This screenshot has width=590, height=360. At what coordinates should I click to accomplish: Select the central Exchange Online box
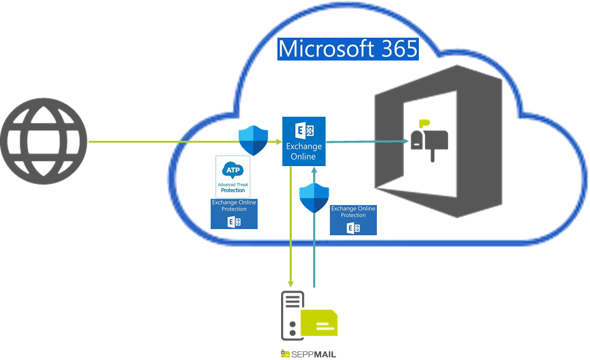tap(304, 141)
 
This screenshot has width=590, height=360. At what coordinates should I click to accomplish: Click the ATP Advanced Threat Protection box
tap(233, 177)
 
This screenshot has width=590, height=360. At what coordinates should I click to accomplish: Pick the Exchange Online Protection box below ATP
tap(234, 214)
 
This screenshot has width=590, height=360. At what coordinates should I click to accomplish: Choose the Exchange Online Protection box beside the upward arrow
tap(353, 220)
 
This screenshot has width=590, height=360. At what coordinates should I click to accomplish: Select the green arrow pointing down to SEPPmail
tap(291, 228)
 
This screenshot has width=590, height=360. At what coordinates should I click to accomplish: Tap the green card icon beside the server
tap(319, 322)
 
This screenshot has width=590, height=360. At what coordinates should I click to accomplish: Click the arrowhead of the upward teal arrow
tap(314, 172)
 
